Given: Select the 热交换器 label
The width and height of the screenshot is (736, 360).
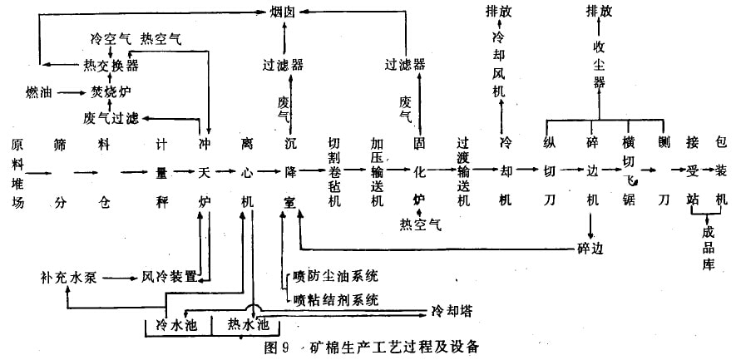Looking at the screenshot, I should (111, 64).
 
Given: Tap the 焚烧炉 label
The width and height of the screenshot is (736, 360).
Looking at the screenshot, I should (111, 90).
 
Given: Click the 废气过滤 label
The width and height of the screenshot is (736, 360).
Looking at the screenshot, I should (111, 116).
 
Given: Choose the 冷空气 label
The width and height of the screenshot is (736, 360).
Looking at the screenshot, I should (109, 38).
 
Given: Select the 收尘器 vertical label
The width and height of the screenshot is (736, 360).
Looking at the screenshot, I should (600, 64).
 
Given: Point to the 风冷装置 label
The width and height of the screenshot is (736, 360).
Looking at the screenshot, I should (168, 275).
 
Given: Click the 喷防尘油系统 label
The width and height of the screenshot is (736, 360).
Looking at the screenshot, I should (330, 275).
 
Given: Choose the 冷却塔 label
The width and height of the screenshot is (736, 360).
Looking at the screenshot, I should (451, 310).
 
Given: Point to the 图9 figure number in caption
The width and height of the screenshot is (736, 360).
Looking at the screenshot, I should (274, 344).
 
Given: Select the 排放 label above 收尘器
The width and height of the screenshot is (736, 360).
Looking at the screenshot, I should (600, 12).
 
